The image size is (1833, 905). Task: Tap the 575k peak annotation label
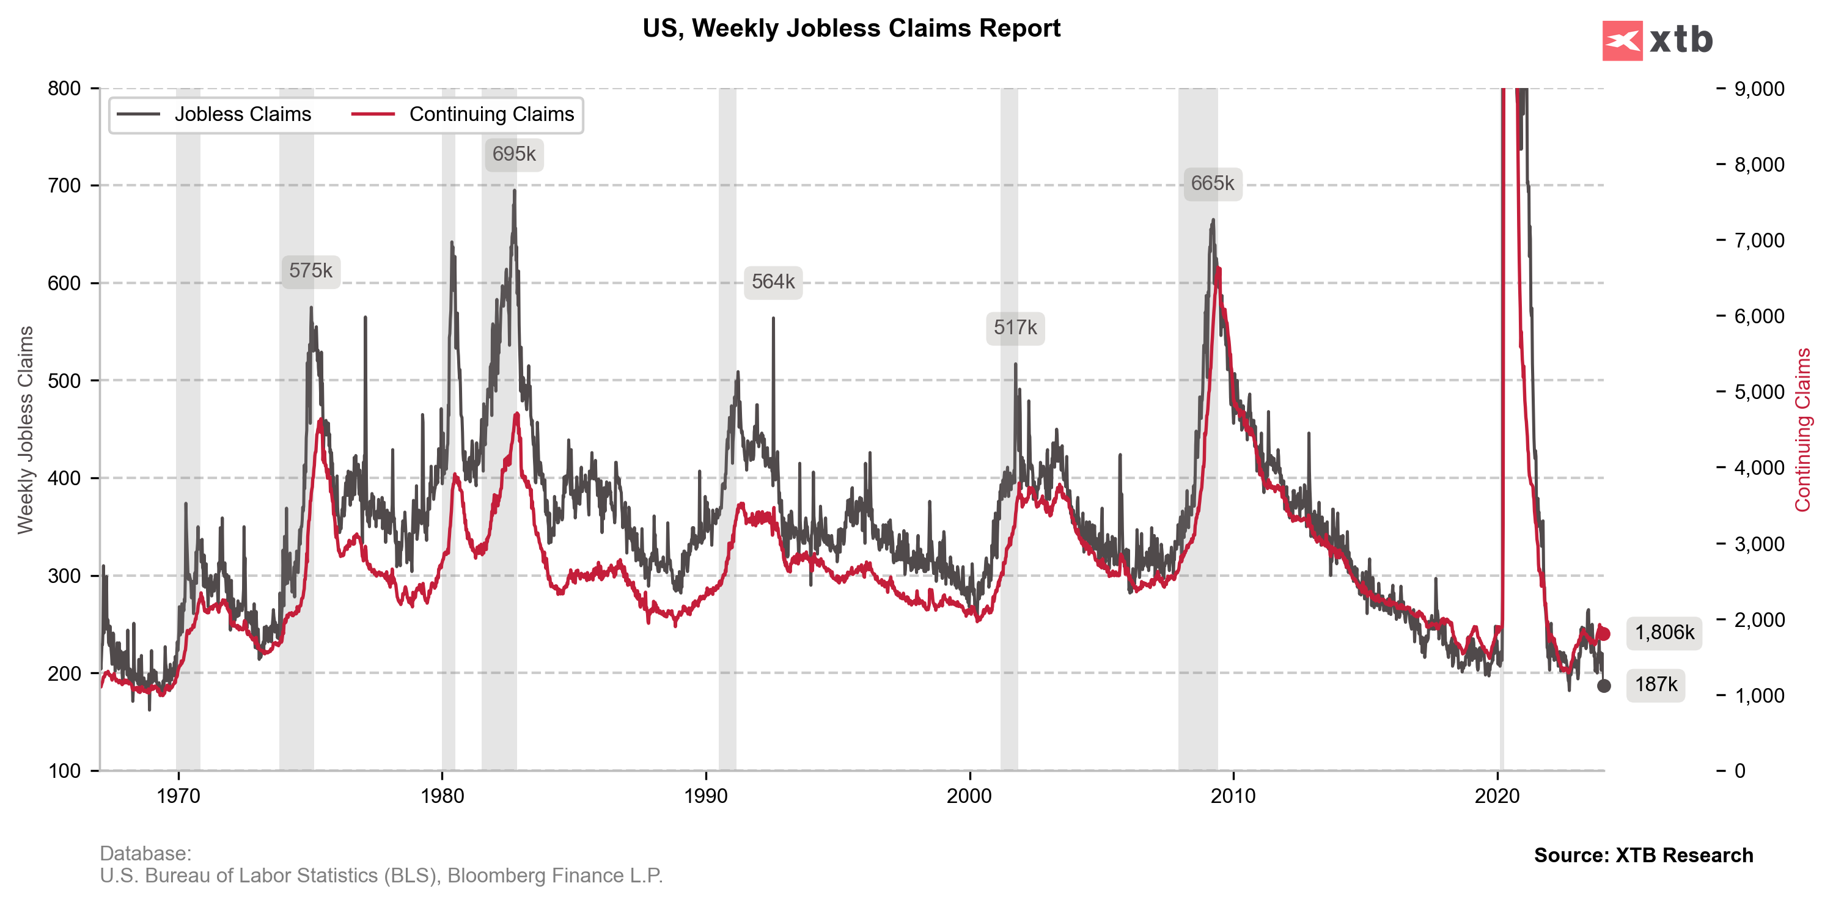click(x=311, y=271)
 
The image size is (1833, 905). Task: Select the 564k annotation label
click(x=773, y=282)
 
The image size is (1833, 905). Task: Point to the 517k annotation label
click(x=1015, y=328)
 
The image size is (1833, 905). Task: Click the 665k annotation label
click(x=1213, y=183)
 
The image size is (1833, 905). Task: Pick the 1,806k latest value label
click(x=1664, y=632)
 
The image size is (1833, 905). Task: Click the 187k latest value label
click(x=1655, y=684)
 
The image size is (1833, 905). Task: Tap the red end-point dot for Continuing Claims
click(x=1603, y=634)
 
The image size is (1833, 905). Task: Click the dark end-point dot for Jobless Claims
click(x=1603, y=686)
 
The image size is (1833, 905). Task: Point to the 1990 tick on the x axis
click(x=706, y=796)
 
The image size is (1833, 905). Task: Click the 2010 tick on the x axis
click(x=1233, y=796)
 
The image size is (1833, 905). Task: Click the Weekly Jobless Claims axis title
click(x=26, y=430)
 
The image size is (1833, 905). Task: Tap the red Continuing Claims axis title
click(x=1802, y=430)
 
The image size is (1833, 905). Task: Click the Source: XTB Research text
click(x=1643, y=855)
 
